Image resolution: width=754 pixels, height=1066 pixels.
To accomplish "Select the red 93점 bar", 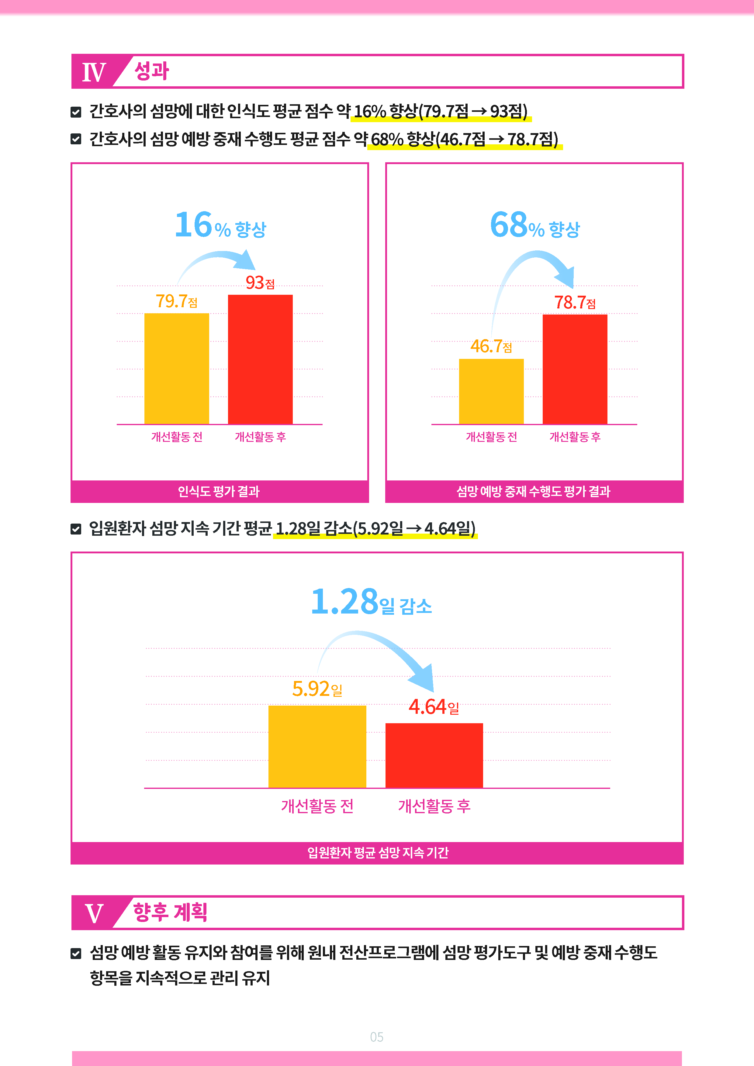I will pyautogui.click(x=260, y=359).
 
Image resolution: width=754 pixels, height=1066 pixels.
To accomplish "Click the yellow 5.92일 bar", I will pyautogui.click(x=317, y=747).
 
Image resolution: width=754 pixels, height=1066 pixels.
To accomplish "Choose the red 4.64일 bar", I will pyautogui.click(x=434, y=755).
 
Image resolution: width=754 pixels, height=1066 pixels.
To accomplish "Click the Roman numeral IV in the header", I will pyautogui.click(x=94, y=72).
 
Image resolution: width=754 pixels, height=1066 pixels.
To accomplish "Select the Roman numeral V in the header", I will pyautogui.click(x=94, y=913).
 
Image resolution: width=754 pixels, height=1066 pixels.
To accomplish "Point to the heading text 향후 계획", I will pyautogui.click(x=170, y=912).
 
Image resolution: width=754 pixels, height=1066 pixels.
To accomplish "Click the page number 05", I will pyautogui.click(x=377, y=1037).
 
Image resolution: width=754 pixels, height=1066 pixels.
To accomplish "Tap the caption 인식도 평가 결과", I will pyautogui.click(x=219, y=491).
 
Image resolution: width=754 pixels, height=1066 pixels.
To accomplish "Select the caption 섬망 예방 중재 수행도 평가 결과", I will pyautogui.click(x=533, y=491).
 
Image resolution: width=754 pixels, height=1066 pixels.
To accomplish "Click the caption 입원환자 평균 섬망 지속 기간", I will pyautogui.click(x=378, y=852).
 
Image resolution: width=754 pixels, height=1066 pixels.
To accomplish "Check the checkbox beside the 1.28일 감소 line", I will pyautogui.click(x=76, y=529).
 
